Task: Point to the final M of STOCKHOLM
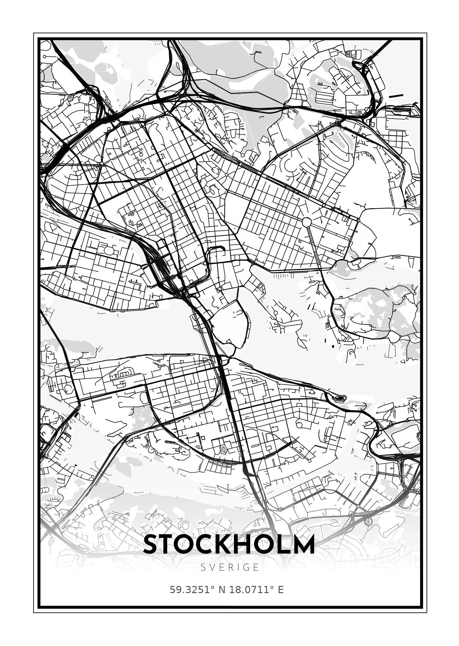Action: (x=303, y=545)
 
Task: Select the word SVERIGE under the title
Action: (x=230, y=568)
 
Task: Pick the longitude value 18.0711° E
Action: (x=256, y=590)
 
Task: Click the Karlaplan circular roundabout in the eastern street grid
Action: (x=306, y=222)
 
